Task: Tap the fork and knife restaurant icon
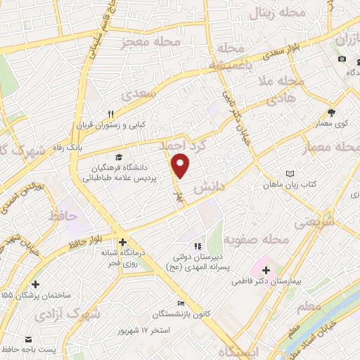[110, 114]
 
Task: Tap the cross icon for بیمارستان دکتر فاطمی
[266, 269]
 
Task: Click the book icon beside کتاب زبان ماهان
[289, 174]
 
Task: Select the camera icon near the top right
[342, 58]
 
